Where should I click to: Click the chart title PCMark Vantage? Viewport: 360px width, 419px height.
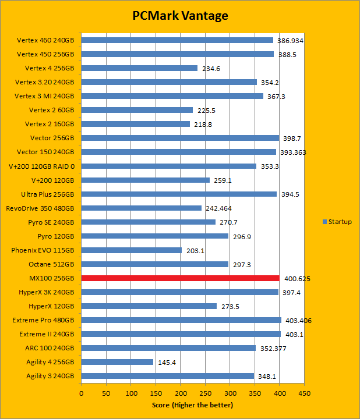179,16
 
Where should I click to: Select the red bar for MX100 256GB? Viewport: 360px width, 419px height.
180,278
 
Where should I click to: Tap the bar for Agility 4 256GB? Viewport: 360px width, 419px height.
117,362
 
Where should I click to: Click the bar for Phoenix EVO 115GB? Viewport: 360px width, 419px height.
131,250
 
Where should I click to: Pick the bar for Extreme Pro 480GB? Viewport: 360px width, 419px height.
181,320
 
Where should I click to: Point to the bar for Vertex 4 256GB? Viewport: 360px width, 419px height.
139,68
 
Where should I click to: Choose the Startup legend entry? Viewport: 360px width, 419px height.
337,222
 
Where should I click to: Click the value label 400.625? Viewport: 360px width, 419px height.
297,279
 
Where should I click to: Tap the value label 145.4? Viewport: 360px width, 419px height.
168,363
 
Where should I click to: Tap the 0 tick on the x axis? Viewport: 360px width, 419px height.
82,393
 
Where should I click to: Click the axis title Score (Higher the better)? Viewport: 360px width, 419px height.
192,405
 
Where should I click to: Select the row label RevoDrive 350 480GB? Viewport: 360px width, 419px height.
40,208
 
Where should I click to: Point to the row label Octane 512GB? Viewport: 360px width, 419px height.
51,264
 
